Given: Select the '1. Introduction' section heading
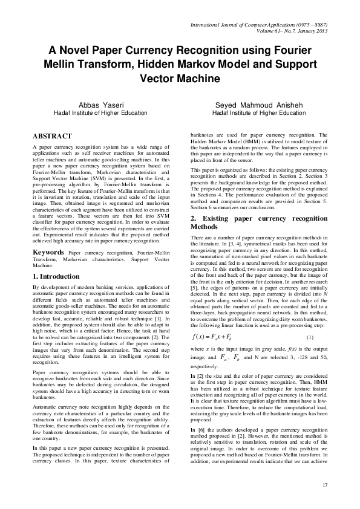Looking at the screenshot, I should click(60, 276).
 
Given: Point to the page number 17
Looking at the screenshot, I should click(325, 485).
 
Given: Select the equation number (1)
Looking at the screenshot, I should click(310, 337).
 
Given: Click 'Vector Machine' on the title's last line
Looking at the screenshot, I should click(180, 79).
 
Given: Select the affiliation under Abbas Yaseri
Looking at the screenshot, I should click(96, 112).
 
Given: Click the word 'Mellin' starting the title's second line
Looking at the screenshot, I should click(63, 64).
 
